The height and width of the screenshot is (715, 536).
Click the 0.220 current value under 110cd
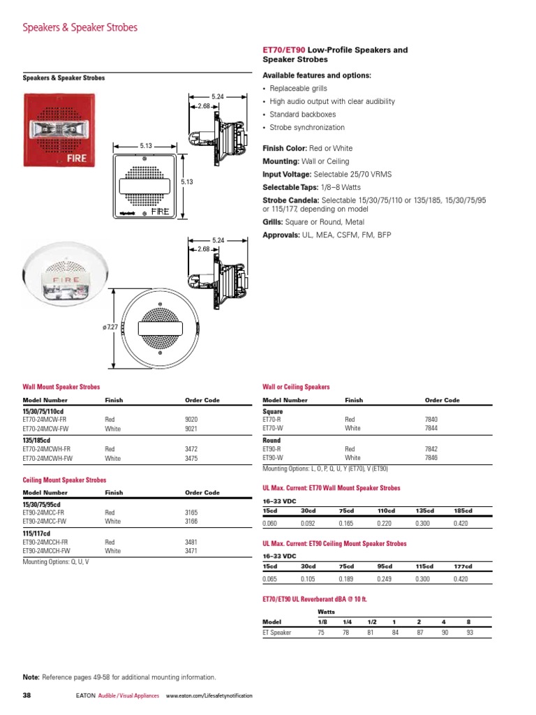(x=385, y=523)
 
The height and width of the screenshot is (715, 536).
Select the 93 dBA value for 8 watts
(x=470, y=633)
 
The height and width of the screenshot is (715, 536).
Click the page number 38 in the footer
(x=27, y=696)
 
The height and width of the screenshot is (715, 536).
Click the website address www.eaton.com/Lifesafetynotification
(x=209, y=696)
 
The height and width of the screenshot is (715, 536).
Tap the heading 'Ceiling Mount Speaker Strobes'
(x=64, y=480)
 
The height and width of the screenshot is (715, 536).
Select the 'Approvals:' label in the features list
(x=281, y=235)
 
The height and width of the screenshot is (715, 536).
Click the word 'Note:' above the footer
(x=31, y=677)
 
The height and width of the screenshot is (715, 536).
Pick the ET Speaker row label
(x=277, y=633)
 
